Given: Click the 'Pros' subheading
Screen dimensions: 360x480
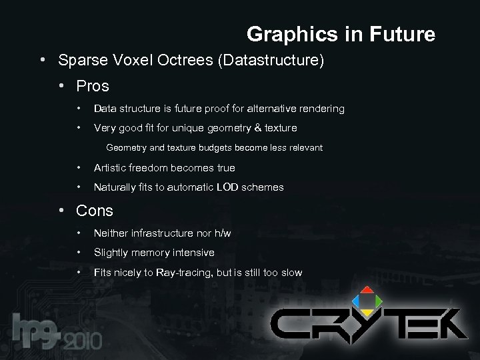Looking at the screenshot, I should click(93, 86).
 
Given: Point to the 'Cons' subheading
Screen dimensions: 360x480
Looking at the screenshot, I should click(95, 211).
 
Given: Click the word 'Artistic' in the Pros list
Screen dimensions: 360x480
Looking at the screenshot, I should click(114, 168).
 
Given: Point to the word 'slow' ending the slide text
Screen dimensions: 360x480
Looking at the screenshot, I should click(291, 273).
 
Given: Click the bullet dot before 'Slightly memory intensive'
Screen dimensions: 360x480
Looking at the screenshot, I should click(79, 253).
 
